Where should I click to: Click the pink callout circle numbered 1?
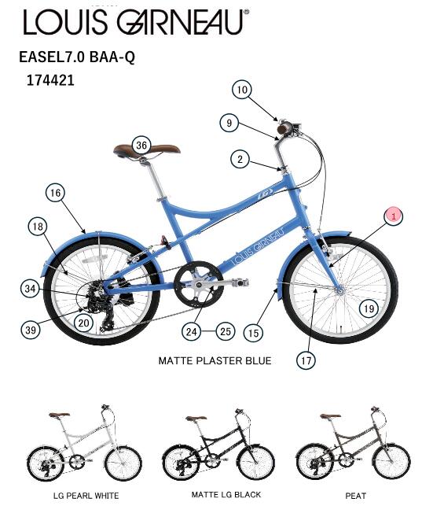(x=394, y=216)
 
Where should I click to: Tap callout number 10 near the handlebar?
(x=242, y=90)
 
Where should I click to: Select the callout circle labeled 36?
(x=141, y=146)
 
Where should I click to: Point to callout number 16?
(x=55, y=193)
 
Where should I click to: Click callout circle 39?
(x=31, y=330)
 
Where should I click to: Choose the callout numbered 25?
(x=226, y=331)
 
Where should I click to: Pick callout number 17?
(x=306, y=360)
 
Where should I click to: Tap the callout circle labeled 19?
(x=369, y=308)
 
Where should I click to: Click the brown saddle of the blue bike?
(x=147, y=150)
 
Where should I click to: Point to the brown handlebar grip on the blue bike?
(x=284, y=128)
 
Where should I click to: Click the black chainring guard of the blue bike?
(x=198, y=284)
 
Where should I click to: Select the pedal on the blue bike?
(x=240, y=282)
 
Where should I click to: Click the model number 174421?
(x=50, y=80)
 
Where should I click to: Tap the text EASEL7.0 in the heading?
(x=52, y=57)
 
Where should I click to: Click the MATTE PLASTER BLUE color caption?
(x=215, y=360)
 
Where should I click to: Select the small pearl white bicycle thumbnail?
(x=84, y=443)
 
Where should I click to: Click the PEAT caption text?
(x=355, y=496)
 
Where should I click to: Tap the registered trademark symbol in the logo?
(x=247, y=12)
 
